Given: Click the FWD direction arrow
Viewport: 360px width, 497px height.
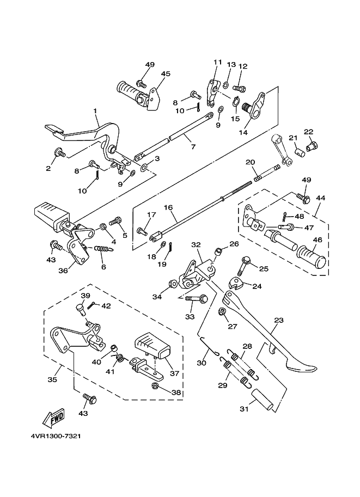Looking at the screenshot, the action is click(53, 417).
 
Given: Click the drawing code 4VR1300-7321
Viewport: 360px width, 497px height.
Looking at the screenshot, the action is click(56, 436).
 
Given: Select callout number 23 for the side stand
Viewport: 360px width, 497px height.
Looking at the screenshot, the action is click(278, 321).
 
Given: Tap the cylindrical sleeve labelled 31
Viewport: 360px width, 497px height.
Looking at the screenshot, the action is click(262, 401).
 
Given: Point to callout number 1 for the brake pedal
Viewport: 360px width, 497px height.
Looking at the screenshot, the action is click(95, 111).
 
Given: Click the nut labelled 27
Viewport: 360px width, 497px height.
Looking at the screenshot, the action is click(223, 312).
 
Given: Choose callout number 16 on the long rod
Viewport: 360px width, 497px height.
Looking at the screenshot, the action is click(168, 207).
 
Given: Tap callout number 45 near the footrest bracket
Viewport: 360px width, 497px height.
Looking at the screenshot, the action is click(166, 73).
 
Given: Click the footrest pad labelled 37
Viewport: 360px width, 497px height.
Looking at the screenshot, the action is click(152, 345).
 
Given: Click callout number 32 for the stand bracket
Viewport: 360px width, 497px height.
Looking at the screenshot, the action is click(196, 245).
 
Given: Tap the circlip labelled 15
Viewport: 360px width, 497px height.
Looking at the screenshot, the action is click(235, 102).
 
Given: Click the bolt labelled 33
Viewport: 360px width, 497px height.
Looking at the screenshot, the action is click(196, 298).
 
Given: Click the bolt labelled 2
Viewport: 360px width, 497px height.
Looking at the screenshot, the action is click(60, 153).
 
